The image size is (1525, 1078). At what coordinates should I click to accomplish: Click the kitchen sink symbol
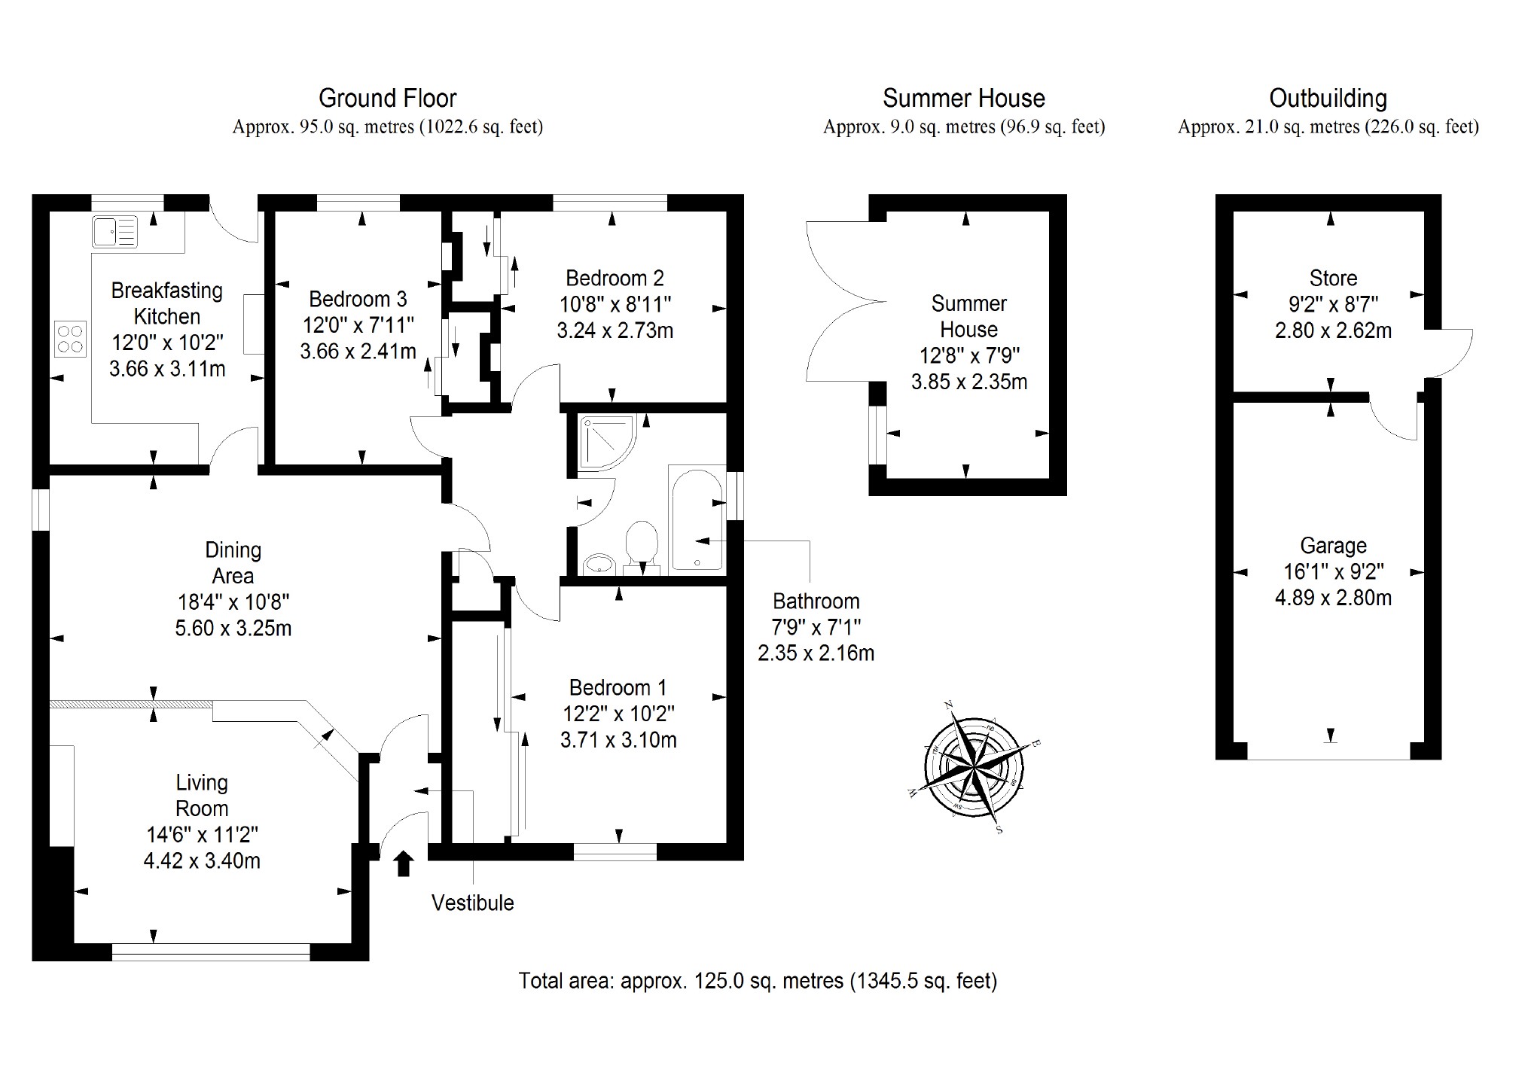pyautogui.click(x=114, y=231)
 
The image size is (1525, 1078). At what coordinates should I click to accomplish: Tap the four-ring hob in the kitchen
pyautogui.click(x=70, y=339)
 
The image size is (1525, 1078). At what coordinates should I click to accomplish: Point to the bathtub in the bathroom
pyautogui.click(x=697, y=519)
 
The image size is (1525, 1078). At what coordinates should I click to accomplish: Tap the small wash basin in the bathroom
pyautogui.click(x=599, y=563)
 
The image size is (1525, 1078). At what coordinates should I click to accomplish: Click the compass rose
pyautogui.click(x=974, y=766)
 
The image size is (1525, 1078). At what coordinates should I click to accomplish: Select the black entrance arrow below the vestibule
pyautogui.click(x=404, y=863)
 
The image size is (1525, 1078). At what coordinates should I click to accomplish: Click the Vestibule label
pyautogui.click(x=472, y=903)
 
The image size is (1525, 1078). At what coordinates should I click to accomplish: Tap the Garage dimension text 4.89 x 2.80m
pyautogui.click(x=1333, y=598)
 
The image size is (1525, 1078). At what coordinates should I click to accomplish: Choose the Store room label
pyautogui.click(x=1333, y=278)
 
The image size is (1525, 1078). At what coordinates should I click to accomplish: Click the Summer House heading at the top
pyautogui.click(x=963, y=99)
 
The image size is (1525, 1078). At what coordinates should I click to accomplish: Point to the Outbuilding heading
pyautogui.click(x=1328, y=99)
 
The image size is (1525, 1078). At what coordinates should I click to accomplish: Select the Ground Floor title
pyautogui.click(x=387, y=99)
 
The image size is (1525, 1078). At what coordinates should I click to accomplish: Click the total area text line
pyautogui.click(x=758, y=981)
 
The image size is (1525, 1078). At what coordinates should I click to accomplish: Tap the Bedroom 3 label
pyautogui.click(x=358, y=299)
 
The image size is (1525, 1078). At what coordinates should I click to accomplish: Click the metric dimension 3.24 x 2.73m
pyautogui.click(x=615, y=330)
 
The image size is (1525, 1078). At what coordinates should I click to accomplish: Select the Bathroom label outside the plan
pyautogui.click(x=816, y=601)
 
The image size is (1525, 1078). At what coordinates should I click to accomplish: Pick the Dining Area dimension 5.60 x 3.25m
pyautogui.click(x=233, y=628)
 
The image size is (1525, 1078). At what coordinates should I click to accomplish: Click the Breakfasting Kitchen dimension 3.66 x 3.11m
pyautogui.click(x=167, y=369)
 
